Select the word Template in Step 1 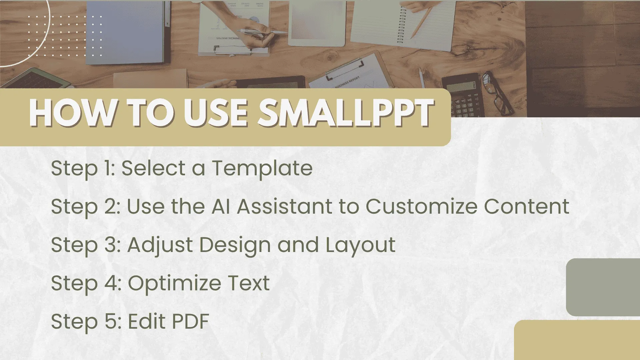click(262, 168)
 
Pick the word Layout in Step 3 click(360, 245)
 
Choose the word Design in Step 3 click(235, 245)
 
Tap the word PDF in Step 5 click(190, 321)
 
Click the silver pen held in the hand click(262, 32)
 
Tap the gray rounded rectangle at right click(603, 287)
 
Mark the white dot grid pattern click(65, 36)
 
